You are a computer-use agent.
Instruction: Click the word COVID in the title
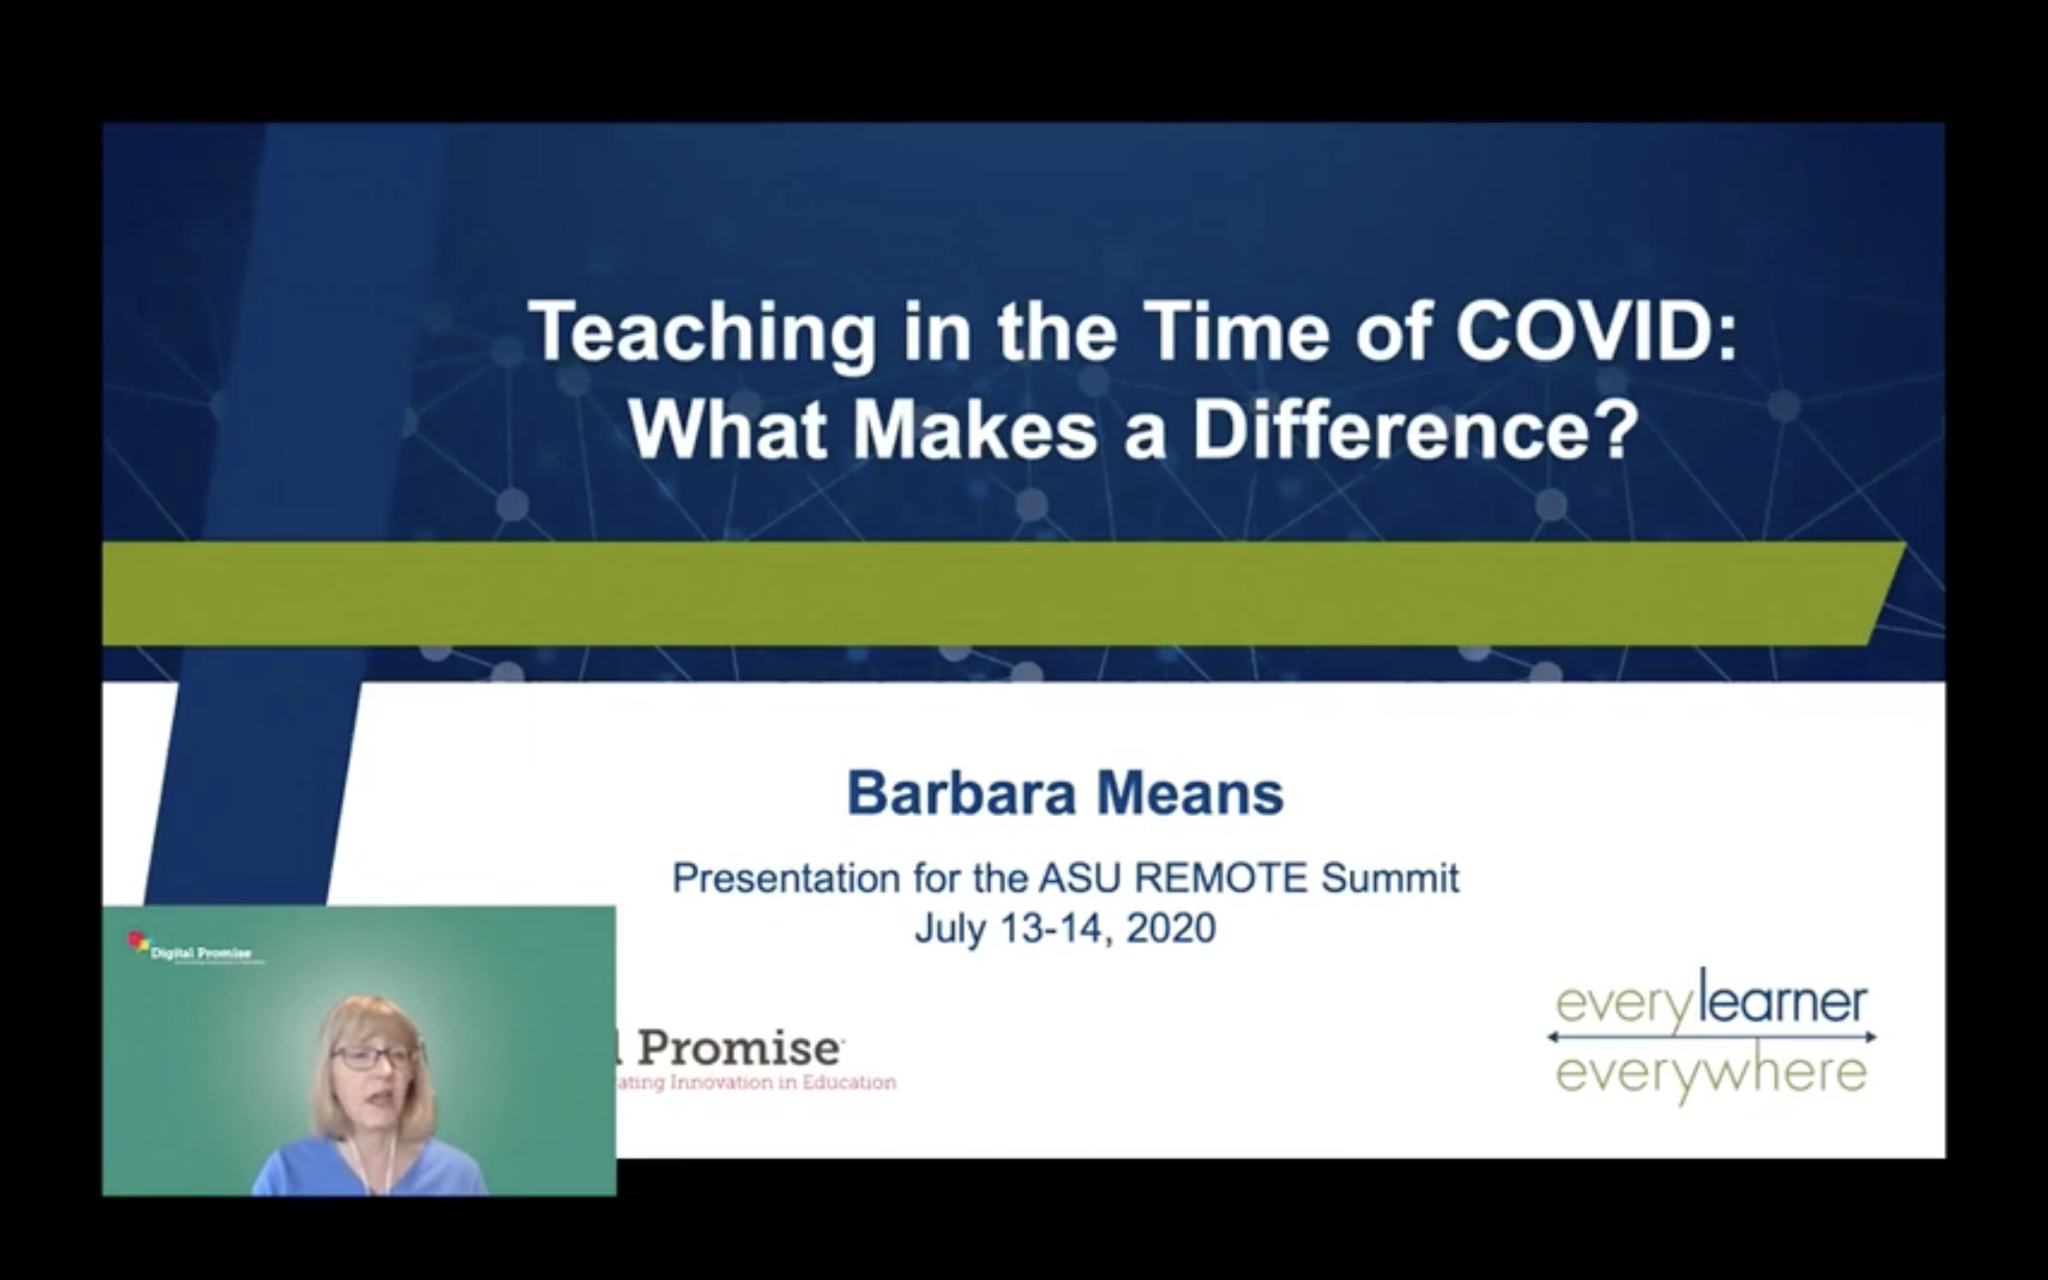click(1587, 332)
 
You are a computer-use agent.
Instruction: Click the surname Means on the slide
click(1190, 794)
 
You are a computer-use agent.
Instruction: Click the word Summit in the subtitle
click(1390, 878)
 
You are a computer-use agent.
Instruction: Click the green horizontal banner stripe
click(999, 593)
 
